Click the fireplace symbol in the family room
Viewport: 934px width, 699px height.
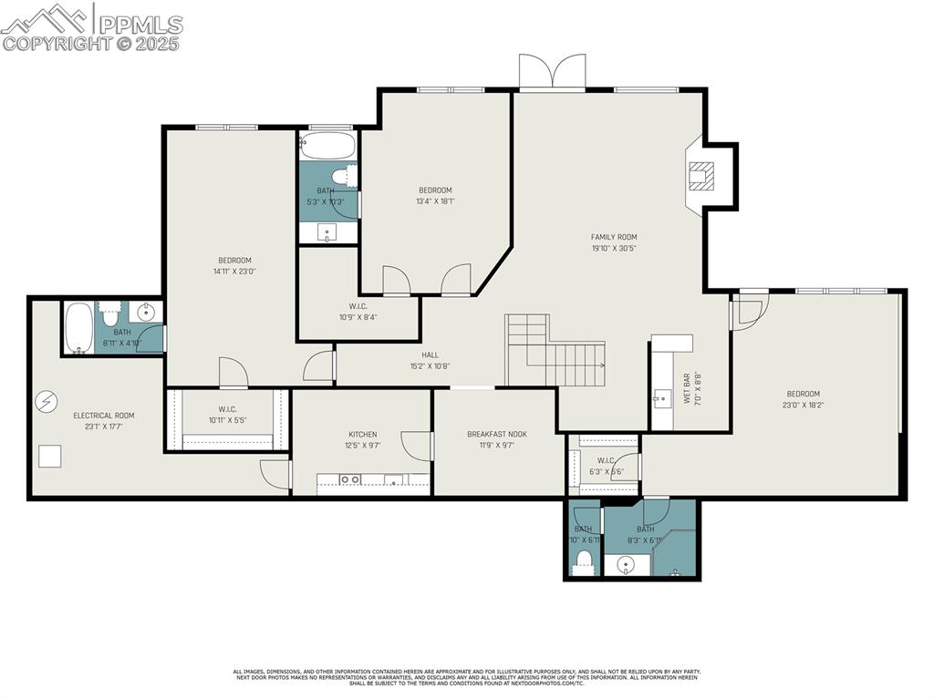[x=701, y=175]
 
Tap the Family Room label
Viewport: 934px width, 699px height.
[x=614, y=237]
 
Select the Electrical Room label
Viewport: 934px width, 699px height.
[x=103, y=416]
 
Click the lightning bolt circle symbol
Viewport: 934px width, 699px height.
[x=46, y=401]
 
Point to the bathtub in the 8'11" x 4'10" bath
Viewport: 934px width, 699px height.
[x=78, y=328]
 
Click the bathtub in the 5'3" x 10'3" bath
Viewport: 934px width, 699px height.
[x=327, y=146]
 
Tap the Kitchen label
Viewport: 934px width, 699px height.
[x=362, y=435]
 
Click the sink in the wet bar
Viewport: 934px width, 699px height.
[x=662, y=397]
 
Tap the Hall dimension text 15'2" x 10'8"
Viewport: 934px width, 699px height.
[x=430, y=366]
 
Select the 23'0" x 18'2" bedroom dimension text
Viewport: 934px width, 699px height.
[x=803, y=405]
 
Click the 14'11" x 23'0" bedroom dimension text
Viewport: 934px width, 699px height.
[x=234, y=271]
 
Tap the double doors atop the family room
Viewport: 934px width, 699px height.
[x=552, y=73]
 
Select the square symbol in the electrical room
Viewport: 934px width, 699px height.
[x=49, y=456]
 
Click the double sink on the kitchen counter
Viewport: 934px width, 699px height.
[x=349, y=479]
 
